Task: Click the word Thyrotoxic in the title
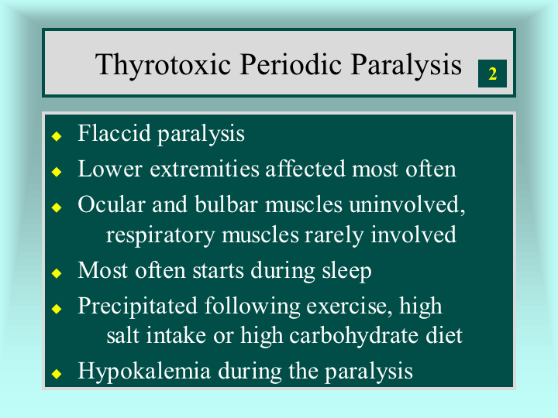tap(163, 65)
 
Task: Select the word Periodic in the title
tap(291, 64)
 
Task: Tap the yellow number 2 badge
tap(492, 74)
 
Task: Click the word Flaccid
tap(114, 133)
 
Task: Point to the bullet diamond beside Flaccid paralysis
tap(57, 136)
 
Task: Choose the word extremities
tap(205, 169)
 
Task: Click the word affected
tap(305, 169)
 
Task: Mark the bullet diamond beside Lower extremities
tap(57, 172)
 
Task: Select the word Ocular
tap(112, 204)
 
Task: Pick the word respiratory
tap(160, 236)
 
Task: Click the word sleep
tap(346, 272)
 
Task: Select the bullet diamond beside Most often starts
tap(57, 273)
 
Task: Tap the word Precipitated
tap(137, 306)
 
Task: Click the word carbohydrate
tap(353, 336)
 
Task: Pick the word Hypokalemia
tap(144, 372)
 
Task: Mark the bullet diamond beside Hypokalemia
tap(57, 374)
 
